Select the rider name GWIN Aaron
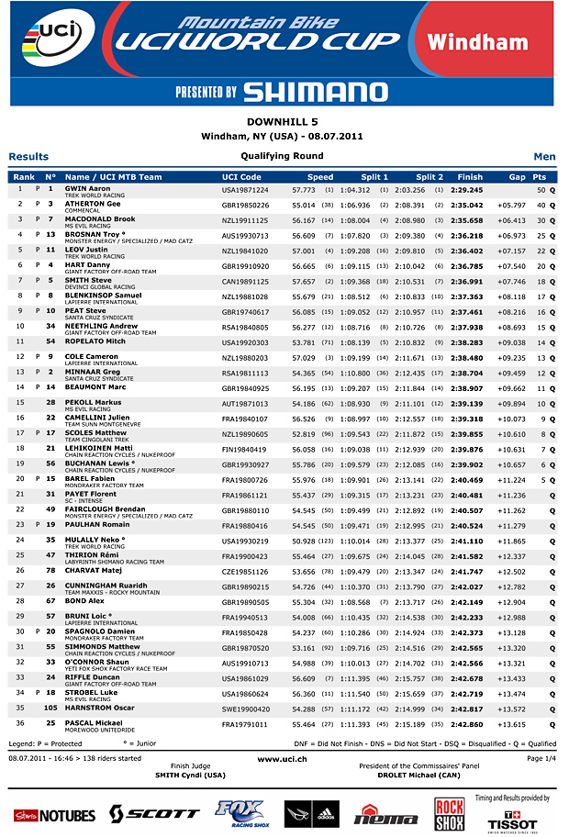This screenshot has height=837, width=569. pyautogui.click(x=87, y=188)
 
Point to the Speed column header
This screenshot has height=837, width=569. pyautogui.click(x=320, y=176)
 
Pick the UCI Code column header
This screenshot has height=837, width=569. pyautogui.click(x=241, y=176)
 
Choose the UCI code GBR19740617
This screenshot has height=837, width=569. pyautogui.click(x=245, y=311)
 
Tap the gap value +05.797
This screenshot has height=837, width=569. pyautogui.click(x=511, y=205)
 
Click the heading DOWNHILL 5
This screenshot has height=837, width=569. pyautogui.click(x=284, y=121)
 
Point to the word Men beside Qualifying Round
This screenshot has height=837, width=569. pyautogui.click(x=544, y=157)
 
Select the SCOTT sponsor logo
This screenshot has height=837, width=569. pyautogui.click(x=153, y=813)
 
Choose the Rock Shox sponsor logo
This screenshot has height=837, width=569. pyautogui.click(x=449, y=813)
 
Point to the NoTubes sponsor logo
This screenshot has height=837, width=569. pyautogui.click(x=54, y=815)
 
